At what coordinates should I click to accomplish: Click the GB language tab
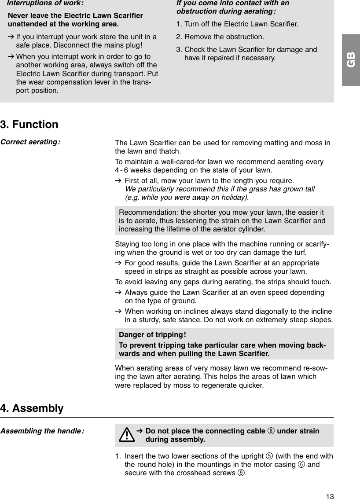[x=351, y=60]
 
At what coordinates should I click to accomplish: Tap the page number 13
[x=330, y=496]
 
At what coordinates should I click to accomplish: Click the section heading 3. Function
[x=29, y=125]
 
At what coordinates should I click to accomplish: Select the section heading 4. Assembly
[x=32, y=408]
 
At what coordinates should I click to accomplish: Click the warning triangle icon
[x=127, y=435]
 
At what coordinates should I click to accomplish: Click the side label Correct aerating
[x=30, y=143]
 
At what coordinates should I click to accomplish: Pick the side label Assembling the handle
[x=42, y=431]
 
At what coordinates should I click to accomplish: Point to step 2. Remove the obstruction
[x=220, y=37]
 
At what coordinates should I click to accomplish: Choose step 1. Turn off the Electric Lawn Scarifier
[x=237, y=23]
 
